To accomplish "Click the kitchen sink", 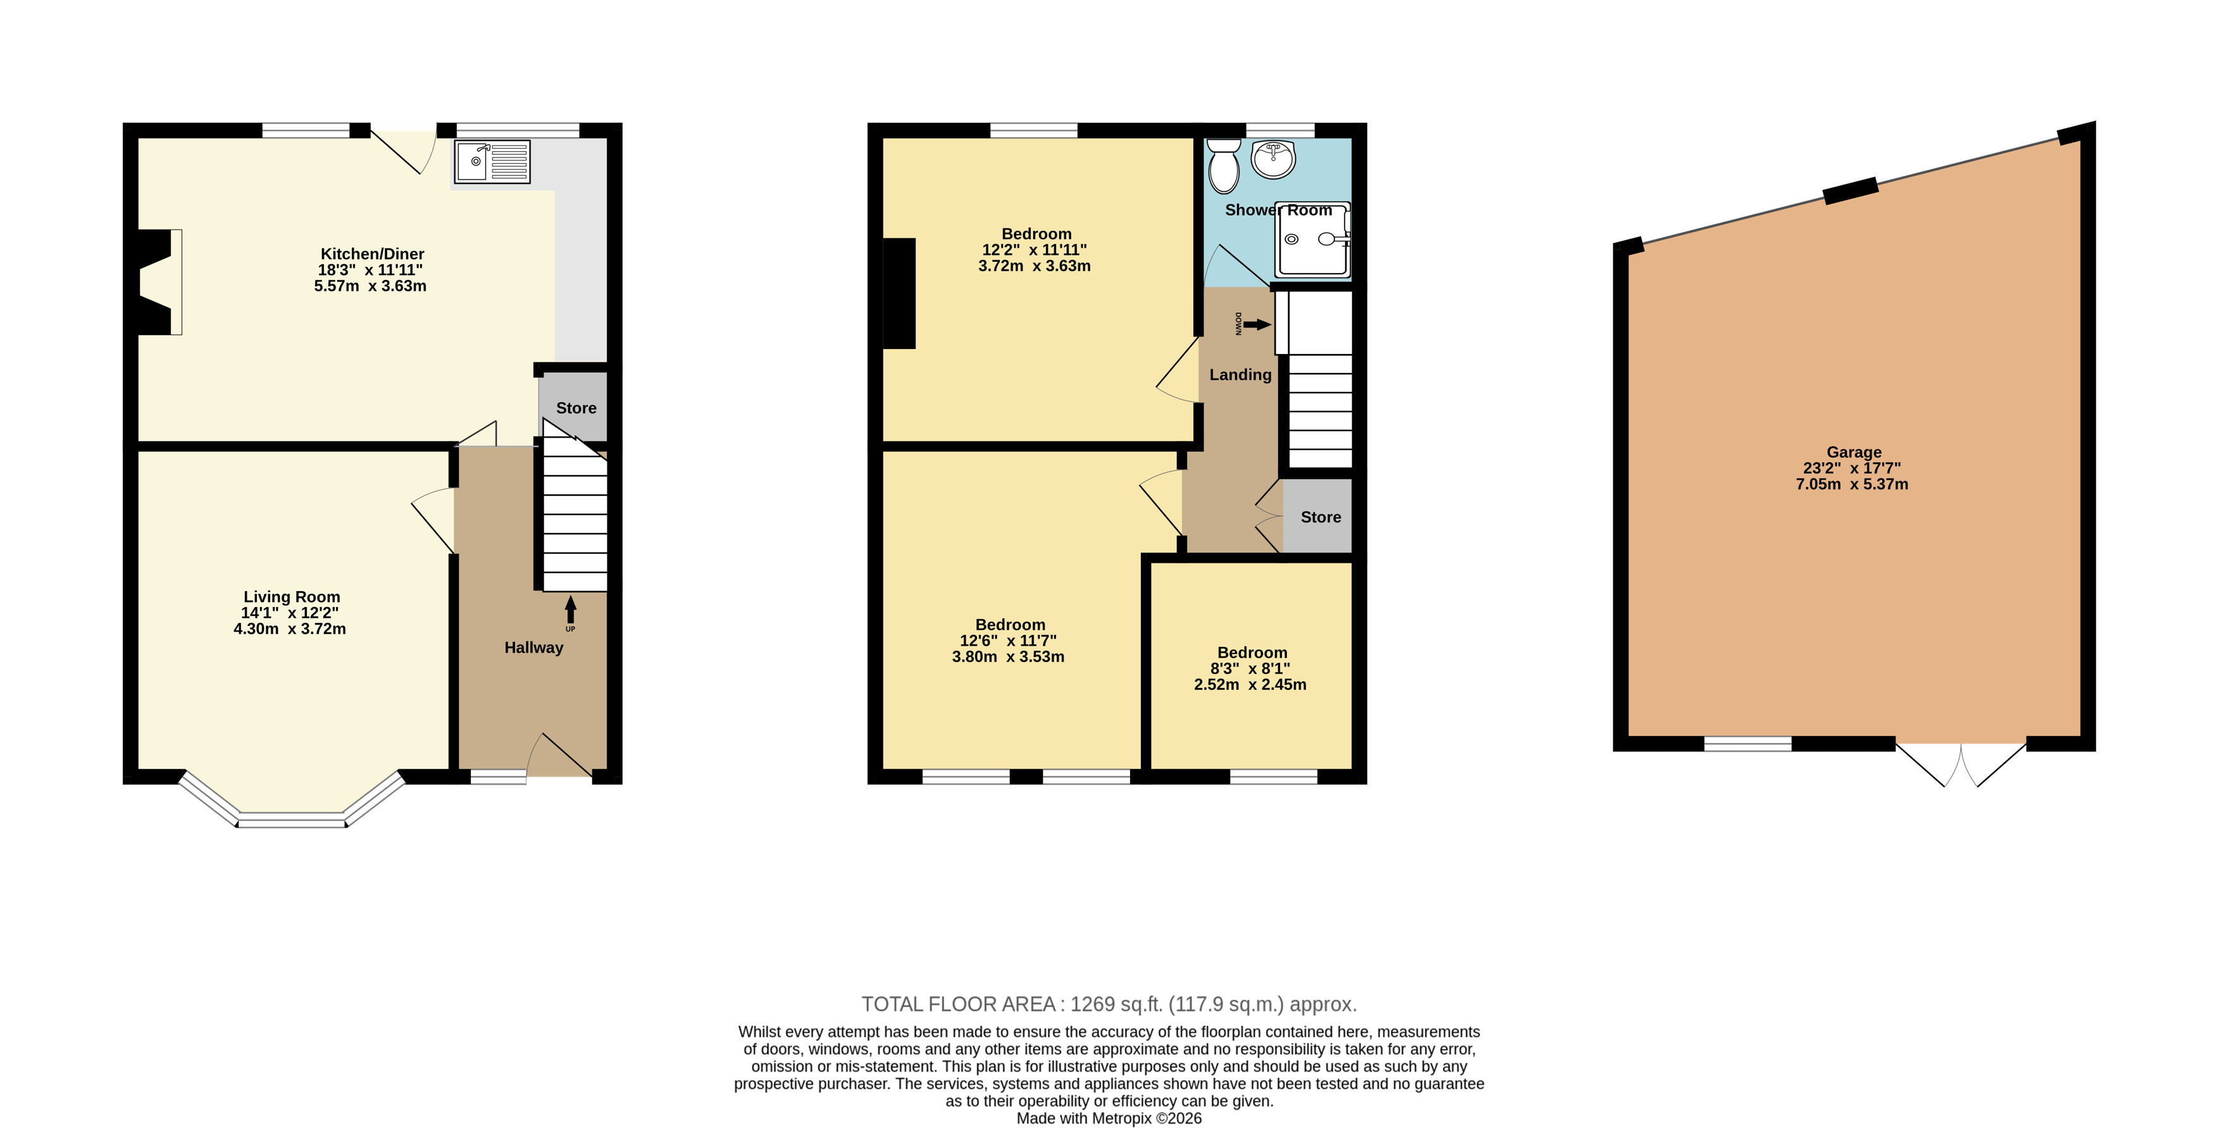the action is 492,162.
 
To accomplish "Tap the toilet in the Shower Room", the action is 1223,166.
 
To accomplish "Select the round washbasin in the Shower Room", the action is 1273,159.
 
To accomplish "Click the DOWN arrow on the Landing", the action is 1257,324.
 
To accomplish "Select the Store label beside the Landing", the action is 1321,517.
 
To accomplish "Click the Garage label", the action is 1854,452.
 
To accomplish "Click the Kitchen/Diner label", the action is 372,254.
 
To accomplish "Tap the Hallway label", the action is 534,647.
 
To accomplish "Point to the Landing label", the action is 1240,374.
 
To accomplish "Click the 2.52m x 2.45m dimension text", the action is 1250,685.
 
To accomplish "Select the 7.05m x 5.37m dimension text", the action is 1852,484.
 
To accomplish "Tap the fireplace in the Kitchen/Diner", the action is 160,281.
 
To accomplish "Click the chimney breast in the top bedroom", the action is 899,293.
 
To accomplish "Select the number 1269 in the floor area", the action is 1093,1004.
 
